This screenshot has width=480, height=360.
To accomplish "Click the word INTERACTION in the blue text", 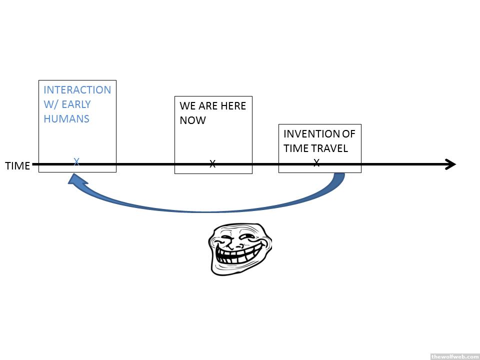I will click(x=77, y=90).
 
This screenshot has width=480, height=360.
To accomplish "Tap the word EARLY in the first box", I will click(x=76, y=104).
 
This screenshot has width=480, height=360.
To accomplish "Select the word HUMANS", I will click(x=66, y=119).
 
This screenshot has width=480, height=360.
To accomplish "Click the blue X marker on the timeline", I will click(x=76, y=162).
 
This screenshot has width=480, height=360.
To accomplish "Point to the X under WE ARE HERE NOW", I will click(x=212, y=163).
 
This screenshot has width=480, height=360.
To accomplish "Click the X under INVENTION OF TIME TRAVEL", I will click(x=316, y=162).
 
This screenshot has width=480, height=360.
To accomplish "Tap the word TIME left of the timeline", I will click(x=17, y=166).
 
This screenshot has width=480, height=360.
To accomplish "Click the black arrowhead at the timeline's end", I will click(x=450, y=164).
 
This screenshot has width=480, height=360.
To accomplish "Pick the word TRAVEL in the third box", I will click(x=331, y=148).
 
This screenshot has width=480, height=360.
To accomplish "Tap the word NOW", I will click(x=192, y=120).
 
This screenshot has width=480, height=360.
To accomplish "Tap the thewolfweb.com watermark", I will click(x=454, y=356).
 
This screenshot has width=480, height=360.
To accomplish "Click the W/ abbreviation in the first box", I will click(x=51, y=104).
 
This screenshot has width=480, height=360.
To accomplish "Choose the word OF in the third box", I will click(x=348, y=134).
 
